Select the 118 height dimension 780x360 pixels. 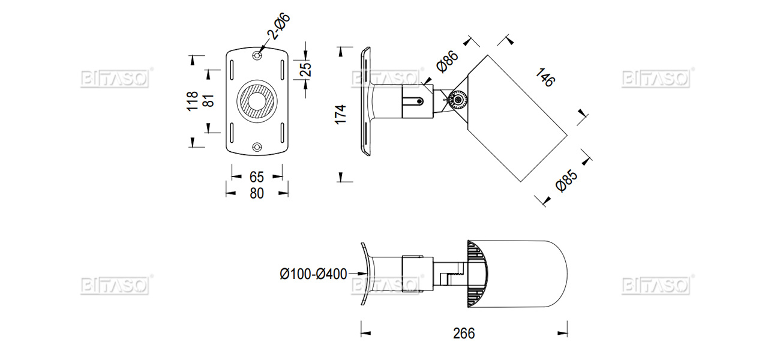[192, 101]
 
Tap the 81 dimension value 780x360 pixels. [208, 101]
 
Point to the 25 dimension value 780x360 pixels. [306, 70]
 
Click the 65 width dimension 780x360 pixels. [256, 177]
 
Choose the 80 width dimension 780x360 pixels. [256, 193]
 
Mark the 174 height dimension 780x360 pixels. [341, 114]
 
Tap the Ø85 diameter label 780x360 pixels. [566, 181]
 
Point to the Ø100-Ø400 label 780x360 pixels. [313, 274]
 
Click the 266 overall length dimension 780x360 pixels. [463, 333]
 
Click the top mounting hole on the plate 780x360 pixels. [257, 55]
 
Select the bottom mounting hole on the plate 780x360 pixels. [257, 146]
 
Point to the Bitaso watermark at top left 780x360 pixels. [115, 79]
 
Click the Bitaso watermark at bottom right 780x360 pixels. [656, 285]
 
